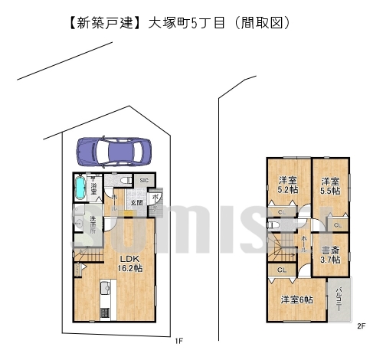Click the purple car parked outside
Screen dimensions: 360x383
[115, 151]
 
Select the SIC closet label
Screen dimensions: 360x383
[142, 181]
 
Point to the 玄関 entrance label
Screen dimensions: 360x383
[136, 202]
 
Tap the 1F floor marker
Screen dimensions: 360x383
[178, 342]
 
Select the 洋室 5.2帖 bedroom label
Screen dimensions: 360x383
[288, 185]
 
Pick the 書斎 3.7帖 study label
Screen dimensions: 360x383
[331, 254]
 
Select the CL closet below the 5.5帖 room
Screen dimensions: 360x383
[337, 224]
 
